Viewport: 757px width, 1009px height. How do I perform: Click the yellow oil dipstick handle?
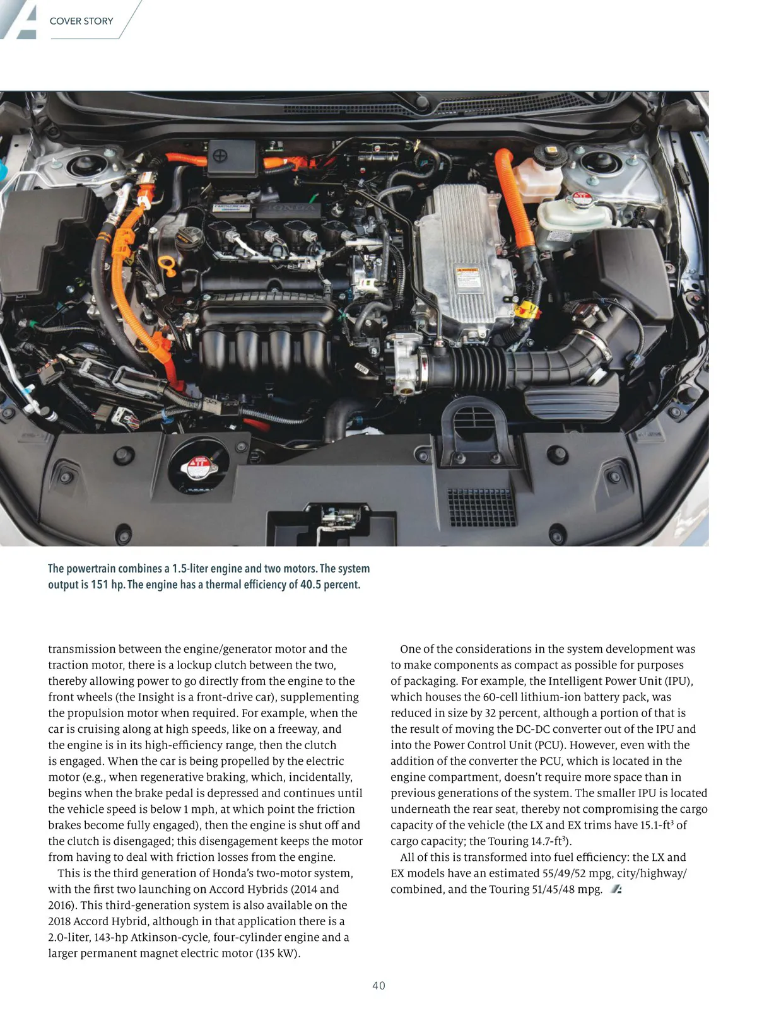167,264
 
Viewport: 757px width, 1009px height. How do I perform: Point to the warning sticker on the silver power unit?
468,278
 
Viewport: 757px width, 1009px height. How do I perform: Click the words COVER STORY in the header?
81,21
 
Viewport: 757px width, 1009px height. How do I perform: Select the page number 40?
378,985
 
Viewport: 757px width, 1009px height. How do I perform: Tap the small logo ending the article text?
616,889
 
